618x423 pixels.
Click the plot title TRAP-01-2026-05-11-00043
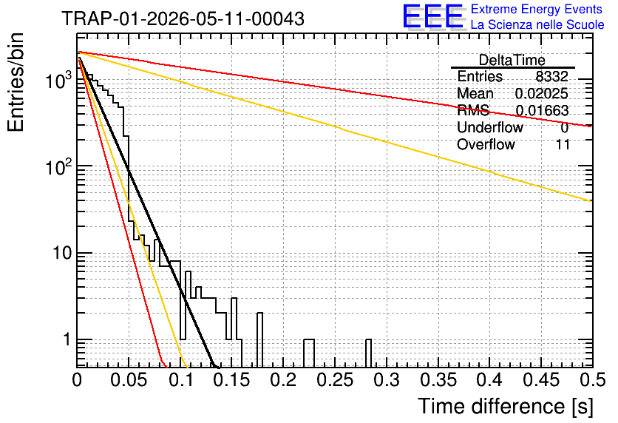coord(183,18)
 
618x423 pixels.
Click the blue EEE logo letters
coord(433,16)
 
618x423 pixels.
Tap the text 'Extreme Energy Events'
coord(537,9)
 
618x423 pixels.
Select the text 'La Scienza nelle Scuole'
coord(537,24)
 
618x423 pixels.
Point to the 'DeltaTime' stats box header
coord(512,60)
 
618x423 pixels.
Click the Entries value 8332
coord(551,76)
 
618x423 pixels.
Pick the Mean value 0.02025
coord(542,93)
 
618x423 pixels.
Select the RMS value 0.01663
coord(542,110)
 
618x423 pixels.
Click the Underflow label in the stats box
coord(490,127)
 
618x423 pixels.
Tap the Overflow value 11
coord(563,144)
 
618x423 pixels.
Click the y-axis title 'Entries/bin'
coord(16,82)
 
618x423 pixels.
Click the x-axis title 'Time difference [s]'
coord(506,406)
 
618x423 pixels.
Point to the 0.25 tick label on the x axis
coord(335,380)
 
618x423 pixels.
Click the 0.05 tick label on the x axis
coord(129,380)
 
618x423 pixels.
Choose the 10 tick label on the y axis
coord(63,253)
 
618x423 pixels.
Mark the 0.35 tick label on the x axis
coord(438,380)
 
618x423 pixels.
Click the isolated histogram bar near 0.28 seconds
coord(369,353)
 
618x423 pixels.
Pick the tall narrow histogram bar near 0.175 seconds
coord(259,340)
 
